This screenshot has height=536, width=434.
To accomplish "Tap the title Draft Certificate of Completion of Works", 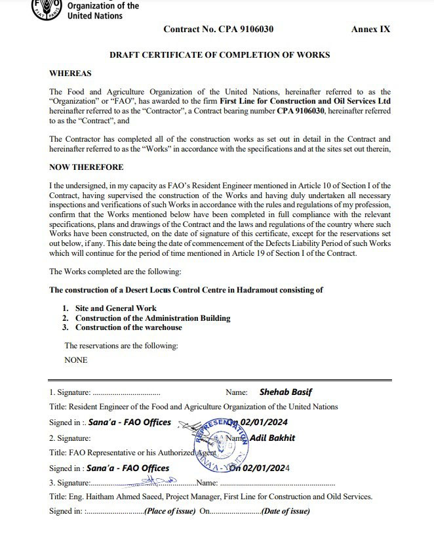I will click(220, 55).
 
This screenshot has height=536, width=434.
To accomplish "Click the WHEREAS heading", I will click(70, 73).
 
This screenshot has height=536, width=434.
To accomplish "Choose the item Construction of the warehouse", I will click(128, 327).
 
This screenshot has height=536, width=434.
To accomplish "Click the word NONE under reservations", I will click(75, 360).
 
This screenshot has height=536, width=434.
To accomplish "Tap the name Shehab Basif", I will click(286, 392).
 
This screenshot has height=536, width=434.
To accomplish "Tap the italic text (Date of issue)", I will click(285, 511).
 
